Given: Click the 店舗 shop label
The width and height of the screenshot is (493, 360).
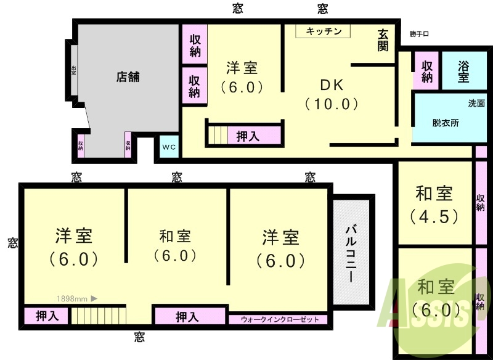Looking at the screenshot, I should click(128, 77).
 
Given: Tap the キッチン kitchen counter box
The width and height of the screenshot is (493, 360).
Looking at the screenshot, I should click(323, 31).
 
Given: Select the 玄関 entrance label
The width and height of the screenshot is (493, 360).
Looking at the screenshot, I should click(384, 41).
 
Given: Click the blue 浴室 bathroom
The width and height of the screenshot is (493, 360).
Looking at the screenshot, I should click(463, 72).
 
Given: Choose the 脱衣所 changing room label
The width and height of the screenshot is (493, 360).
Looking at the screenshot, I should click(445, 123).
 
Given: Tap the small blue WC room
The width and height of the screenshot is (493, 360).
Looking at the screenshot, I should click(169, 147).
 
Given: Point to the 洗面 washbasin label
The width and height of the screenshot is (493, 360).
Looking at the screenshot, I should click(476, 103).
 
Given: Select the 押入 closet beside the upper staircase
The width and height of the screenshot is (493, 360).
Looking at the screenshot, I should click(248, 136).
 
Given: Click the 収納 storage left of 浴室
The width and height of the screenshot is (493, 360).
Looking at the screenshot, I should click(426, 72).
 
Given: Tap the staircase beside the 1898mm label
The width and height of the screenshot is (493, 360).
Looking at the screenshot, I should click(98, 316).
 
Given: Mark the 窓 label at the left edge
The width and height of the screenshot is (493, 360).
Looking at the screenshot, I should click(12, 243).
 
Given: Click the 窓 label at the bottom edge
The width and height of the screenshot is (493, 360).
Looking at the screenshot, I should click(140, 337).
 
